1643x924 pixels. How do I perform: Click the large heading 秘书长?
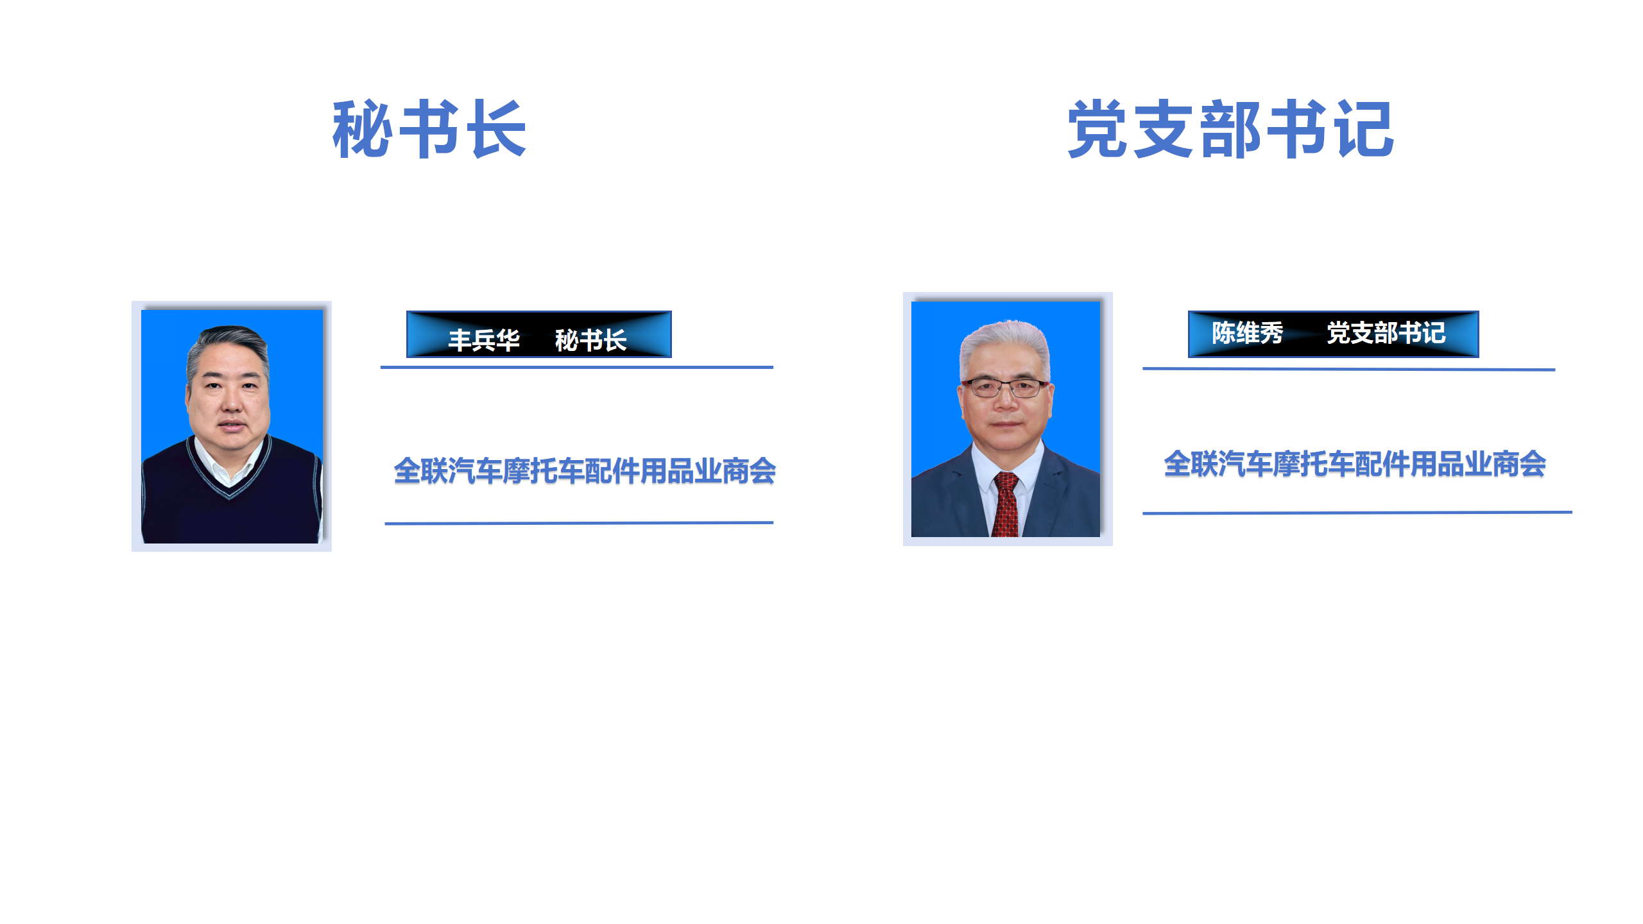(429, 129)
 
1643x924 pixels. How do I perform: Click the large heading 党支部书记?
(1230, 129)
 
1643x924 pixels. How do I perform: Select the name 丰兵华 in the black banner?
(484, 340)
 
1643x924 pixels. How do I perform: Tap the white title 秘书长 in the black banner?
(590, 340)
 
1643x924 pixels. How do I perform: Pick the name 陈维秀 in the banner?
(1247, 333)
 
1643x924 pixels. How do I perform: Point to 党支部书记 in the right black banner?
(1386, 333)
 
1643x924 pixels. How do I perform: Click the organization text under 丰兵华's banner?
(585, 471)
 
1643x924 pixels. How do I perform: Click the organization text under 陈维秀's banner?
(1355, 464)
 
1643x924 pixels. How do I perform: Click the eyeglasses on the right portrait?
(1006, 388)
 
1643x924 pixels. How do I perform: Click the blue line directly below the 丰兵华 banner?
(577, 368)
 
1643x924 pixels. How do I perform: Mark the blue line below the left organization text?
(579, 524)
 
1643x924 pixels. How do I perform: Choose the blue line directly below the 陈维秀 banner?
(1348, 369)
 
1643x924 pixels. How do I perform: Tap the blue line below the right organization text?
(1357, 513)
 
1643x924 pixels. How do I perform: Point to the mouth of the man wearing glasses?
(1006, 425)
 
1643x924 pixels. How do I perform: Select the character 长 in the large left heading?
(499, 129)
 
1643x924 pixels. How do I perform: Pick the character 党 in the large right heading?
(1097, 129)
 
